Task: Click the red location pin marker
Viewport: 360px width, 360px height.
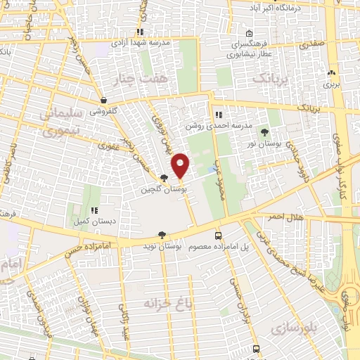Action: click(181, 165)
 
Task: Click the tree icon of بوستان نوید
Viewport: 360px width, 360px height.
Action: click(162, 236)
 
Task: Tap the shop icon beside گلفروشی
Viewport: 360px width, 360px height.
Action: click(103, 100)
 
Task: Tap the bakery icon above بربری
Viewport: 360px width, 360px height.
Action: click(331, 72)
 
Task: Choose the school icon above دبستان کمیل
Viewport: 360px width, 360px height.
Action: click(94, 209)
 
